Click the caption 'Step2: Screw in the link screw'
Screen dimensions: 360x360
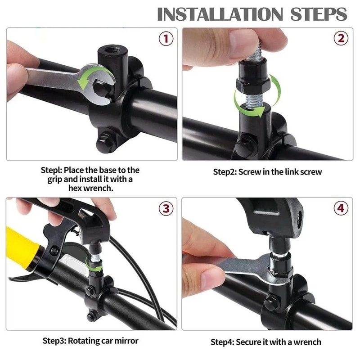pyautogui.click(x=267, y=172)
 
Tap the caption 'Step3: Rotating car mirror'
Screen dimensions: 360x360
pyautogui.click(x=90, y=340)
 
